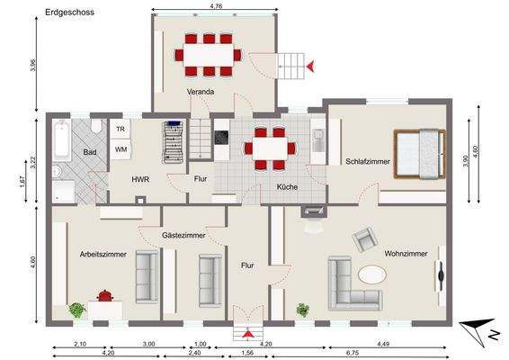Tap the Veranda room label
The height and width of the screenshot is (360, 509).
coord(200,92)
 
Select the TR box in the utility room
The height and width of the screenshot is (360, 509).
coord(120,129)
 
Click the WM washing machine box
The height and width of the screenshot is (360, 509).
coord(120,148)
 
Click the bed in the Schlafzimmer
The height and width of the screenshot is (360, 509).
coord(418,152)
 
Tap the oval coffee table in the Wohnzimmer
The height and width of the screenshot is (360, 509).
coord(374,274)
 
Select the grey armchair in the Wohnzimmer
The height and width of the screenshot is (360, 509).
coord(365,239)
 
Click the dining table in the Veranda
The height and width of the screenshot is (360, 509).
coord(209,54)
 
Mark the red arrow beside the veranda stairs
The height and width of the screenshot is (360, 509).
coord(310,66)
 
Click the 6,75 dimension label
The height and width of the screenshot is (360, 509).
coord(353,353)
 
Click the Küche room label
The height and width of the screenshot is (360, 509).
coord(288,187)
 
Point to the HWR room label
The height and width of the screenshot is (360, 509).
coord(140,179)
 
